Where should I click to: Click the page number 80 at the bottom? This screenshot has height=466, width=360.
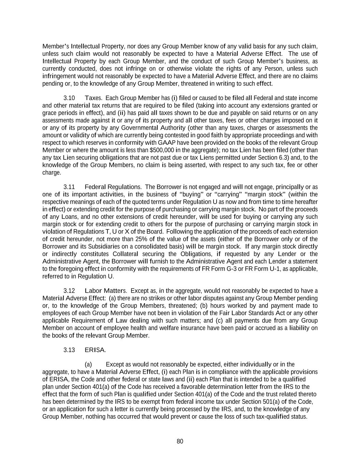(x=180, y=441)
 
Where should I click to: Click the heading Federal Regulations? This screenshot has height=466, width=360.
(x=113, y=187)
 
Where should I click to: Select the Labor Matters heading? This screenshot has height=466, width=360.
(x=105, y=291)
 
